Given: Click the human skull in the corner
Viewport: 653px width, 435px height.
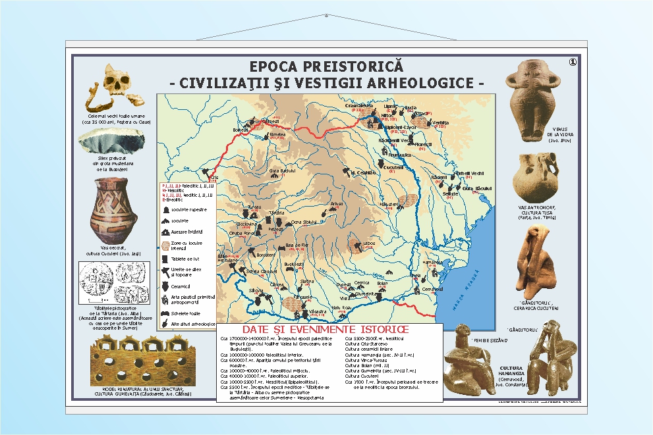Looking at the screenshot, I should point(119,84).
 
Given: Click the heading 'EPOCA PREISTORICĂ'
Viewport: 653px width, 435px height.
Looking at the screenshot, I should point(326,67).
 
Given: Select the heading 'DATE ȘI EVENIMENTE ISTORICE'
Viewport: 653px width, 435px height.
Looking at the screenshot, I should point(326,329).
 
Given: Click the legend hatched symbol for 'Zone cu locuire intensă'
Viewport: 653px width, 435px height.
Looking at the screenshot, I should point(165,245).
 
